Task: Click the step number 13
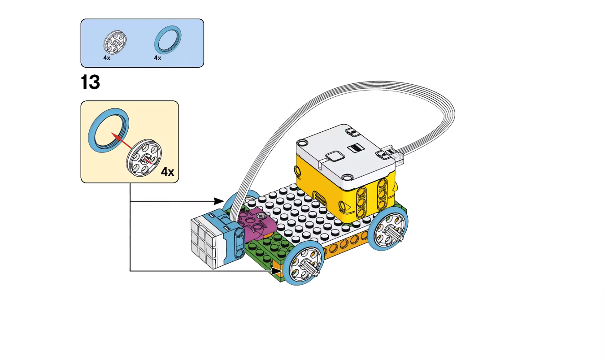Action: (90, 82)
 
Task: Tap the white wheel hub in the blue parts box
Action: (116, 43)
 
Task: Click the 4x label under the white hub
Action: (107, 58)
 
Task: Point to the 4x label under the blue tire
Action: (157, 58)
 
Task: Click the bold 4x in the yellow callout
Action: (167, 172)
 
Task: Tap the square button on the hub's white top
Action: (334, 157)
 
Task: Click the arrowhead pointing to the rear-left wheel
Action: (220, 201)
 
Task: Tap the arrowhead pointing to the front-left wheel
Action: (275, 271)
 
